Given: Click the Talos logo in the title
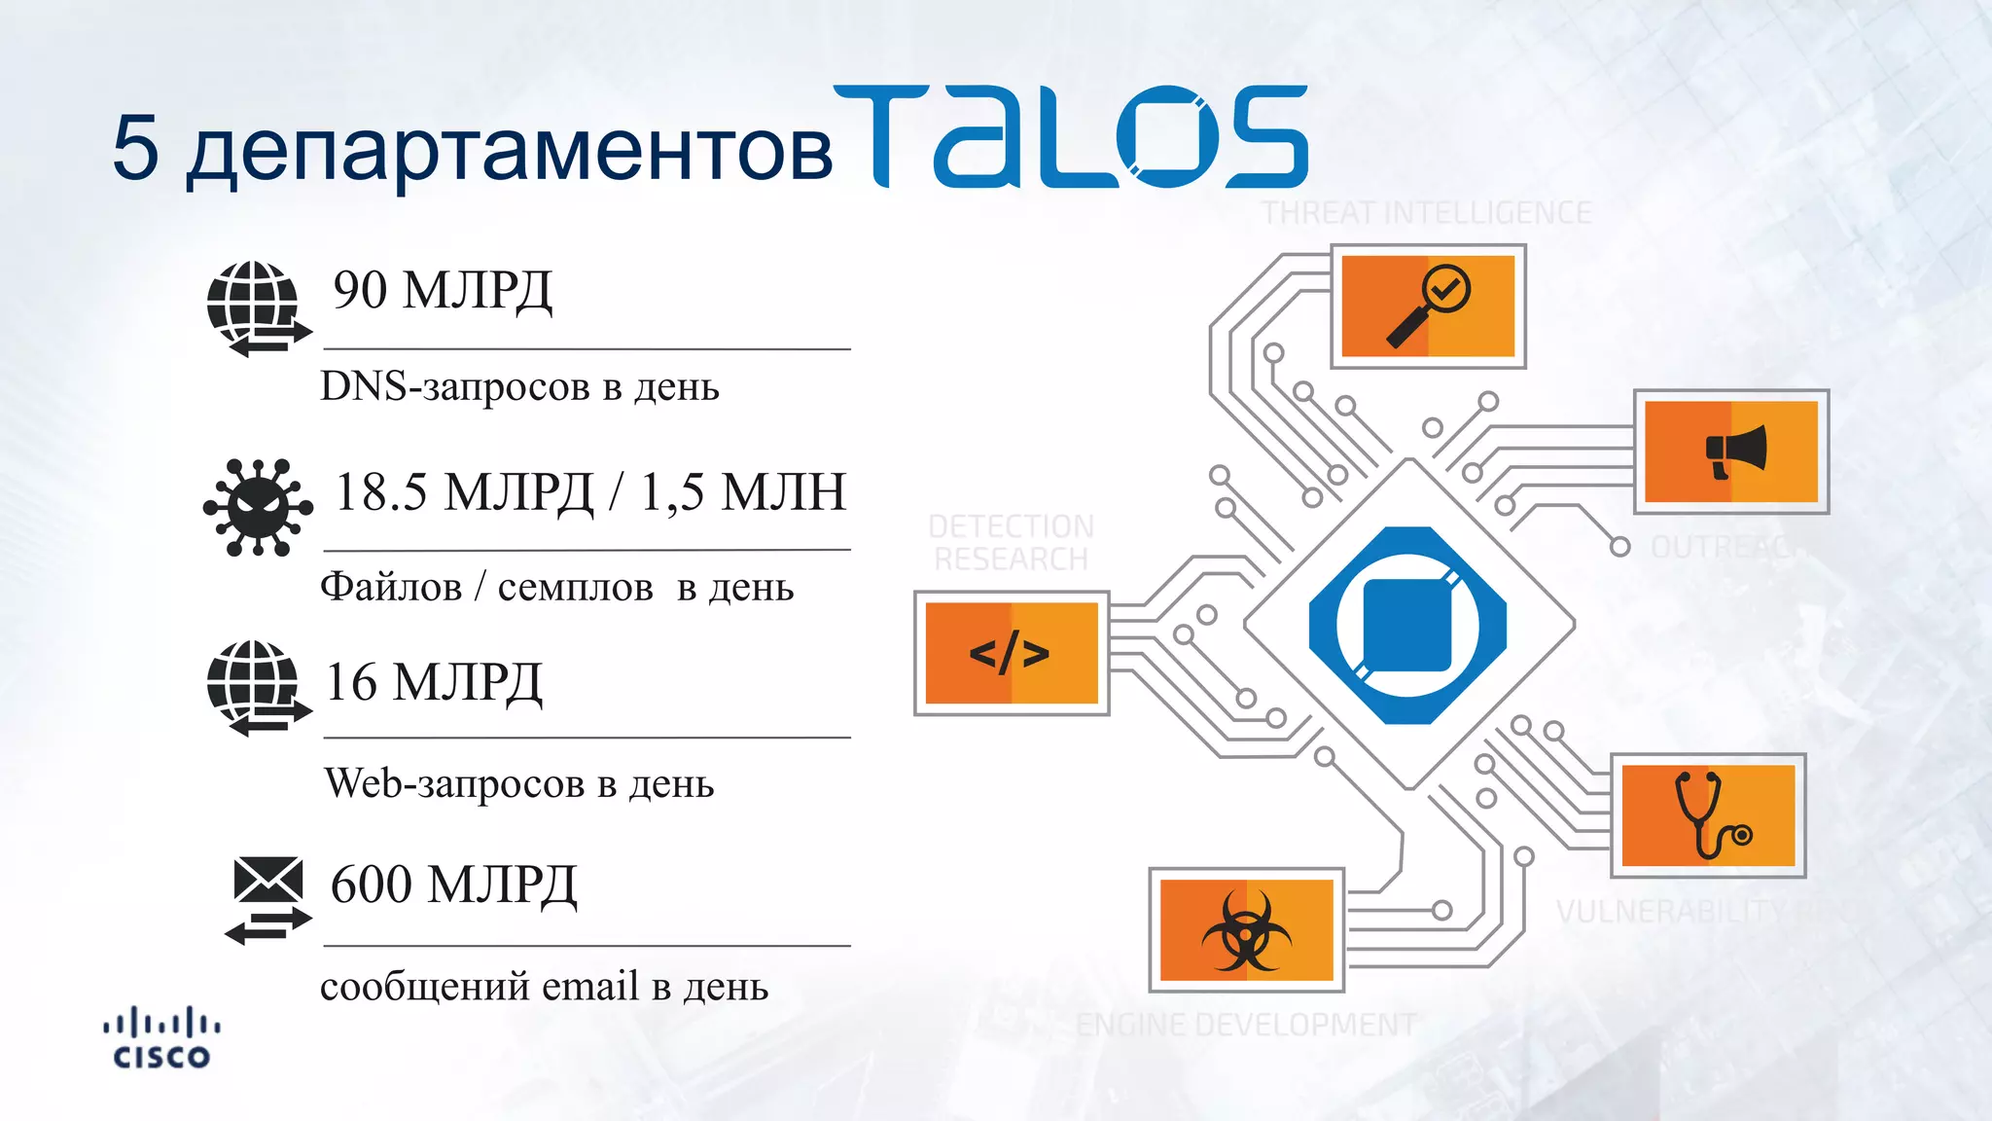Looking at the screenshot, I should [x=1070, y=136].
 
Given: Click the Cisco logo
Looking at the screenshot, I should [x=161, y=1039].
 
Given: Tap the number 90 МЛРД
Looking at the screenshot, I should [x=443, y=290].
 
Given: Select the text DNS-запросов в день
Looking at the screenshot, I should [x=519, y=386].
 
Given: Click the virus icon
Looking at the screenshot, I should [x=258, y=507].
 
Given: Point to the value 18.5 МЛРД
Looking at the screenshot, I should [x=464, y=491].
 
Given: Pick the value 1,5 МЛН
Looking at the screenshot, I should [x=742, y=491].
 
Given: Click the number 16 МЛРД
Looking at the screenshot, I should [x=433, y=682].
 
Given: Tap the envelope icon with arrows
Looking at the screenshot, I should [x=267, y=899].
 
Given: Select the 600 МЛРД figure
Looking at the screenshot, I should [x=453, y=885].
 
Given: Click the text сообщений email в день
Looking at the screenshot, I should [x=544, y=987].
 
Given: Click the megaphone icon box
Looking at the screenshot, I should [x=1731, y=452].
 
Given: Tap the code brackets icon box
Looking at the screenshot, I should [x=1012, y=653].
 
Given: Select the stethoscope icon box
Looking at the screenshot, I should [x=1708, y=815].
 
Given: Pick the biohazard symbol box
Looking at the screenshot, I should [x=1247, y=930].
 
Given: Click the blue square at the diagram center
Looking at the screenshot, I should [x=1407, y=625].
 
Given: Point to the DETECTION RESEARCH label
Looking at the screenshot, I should [x=1012, y=543].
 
